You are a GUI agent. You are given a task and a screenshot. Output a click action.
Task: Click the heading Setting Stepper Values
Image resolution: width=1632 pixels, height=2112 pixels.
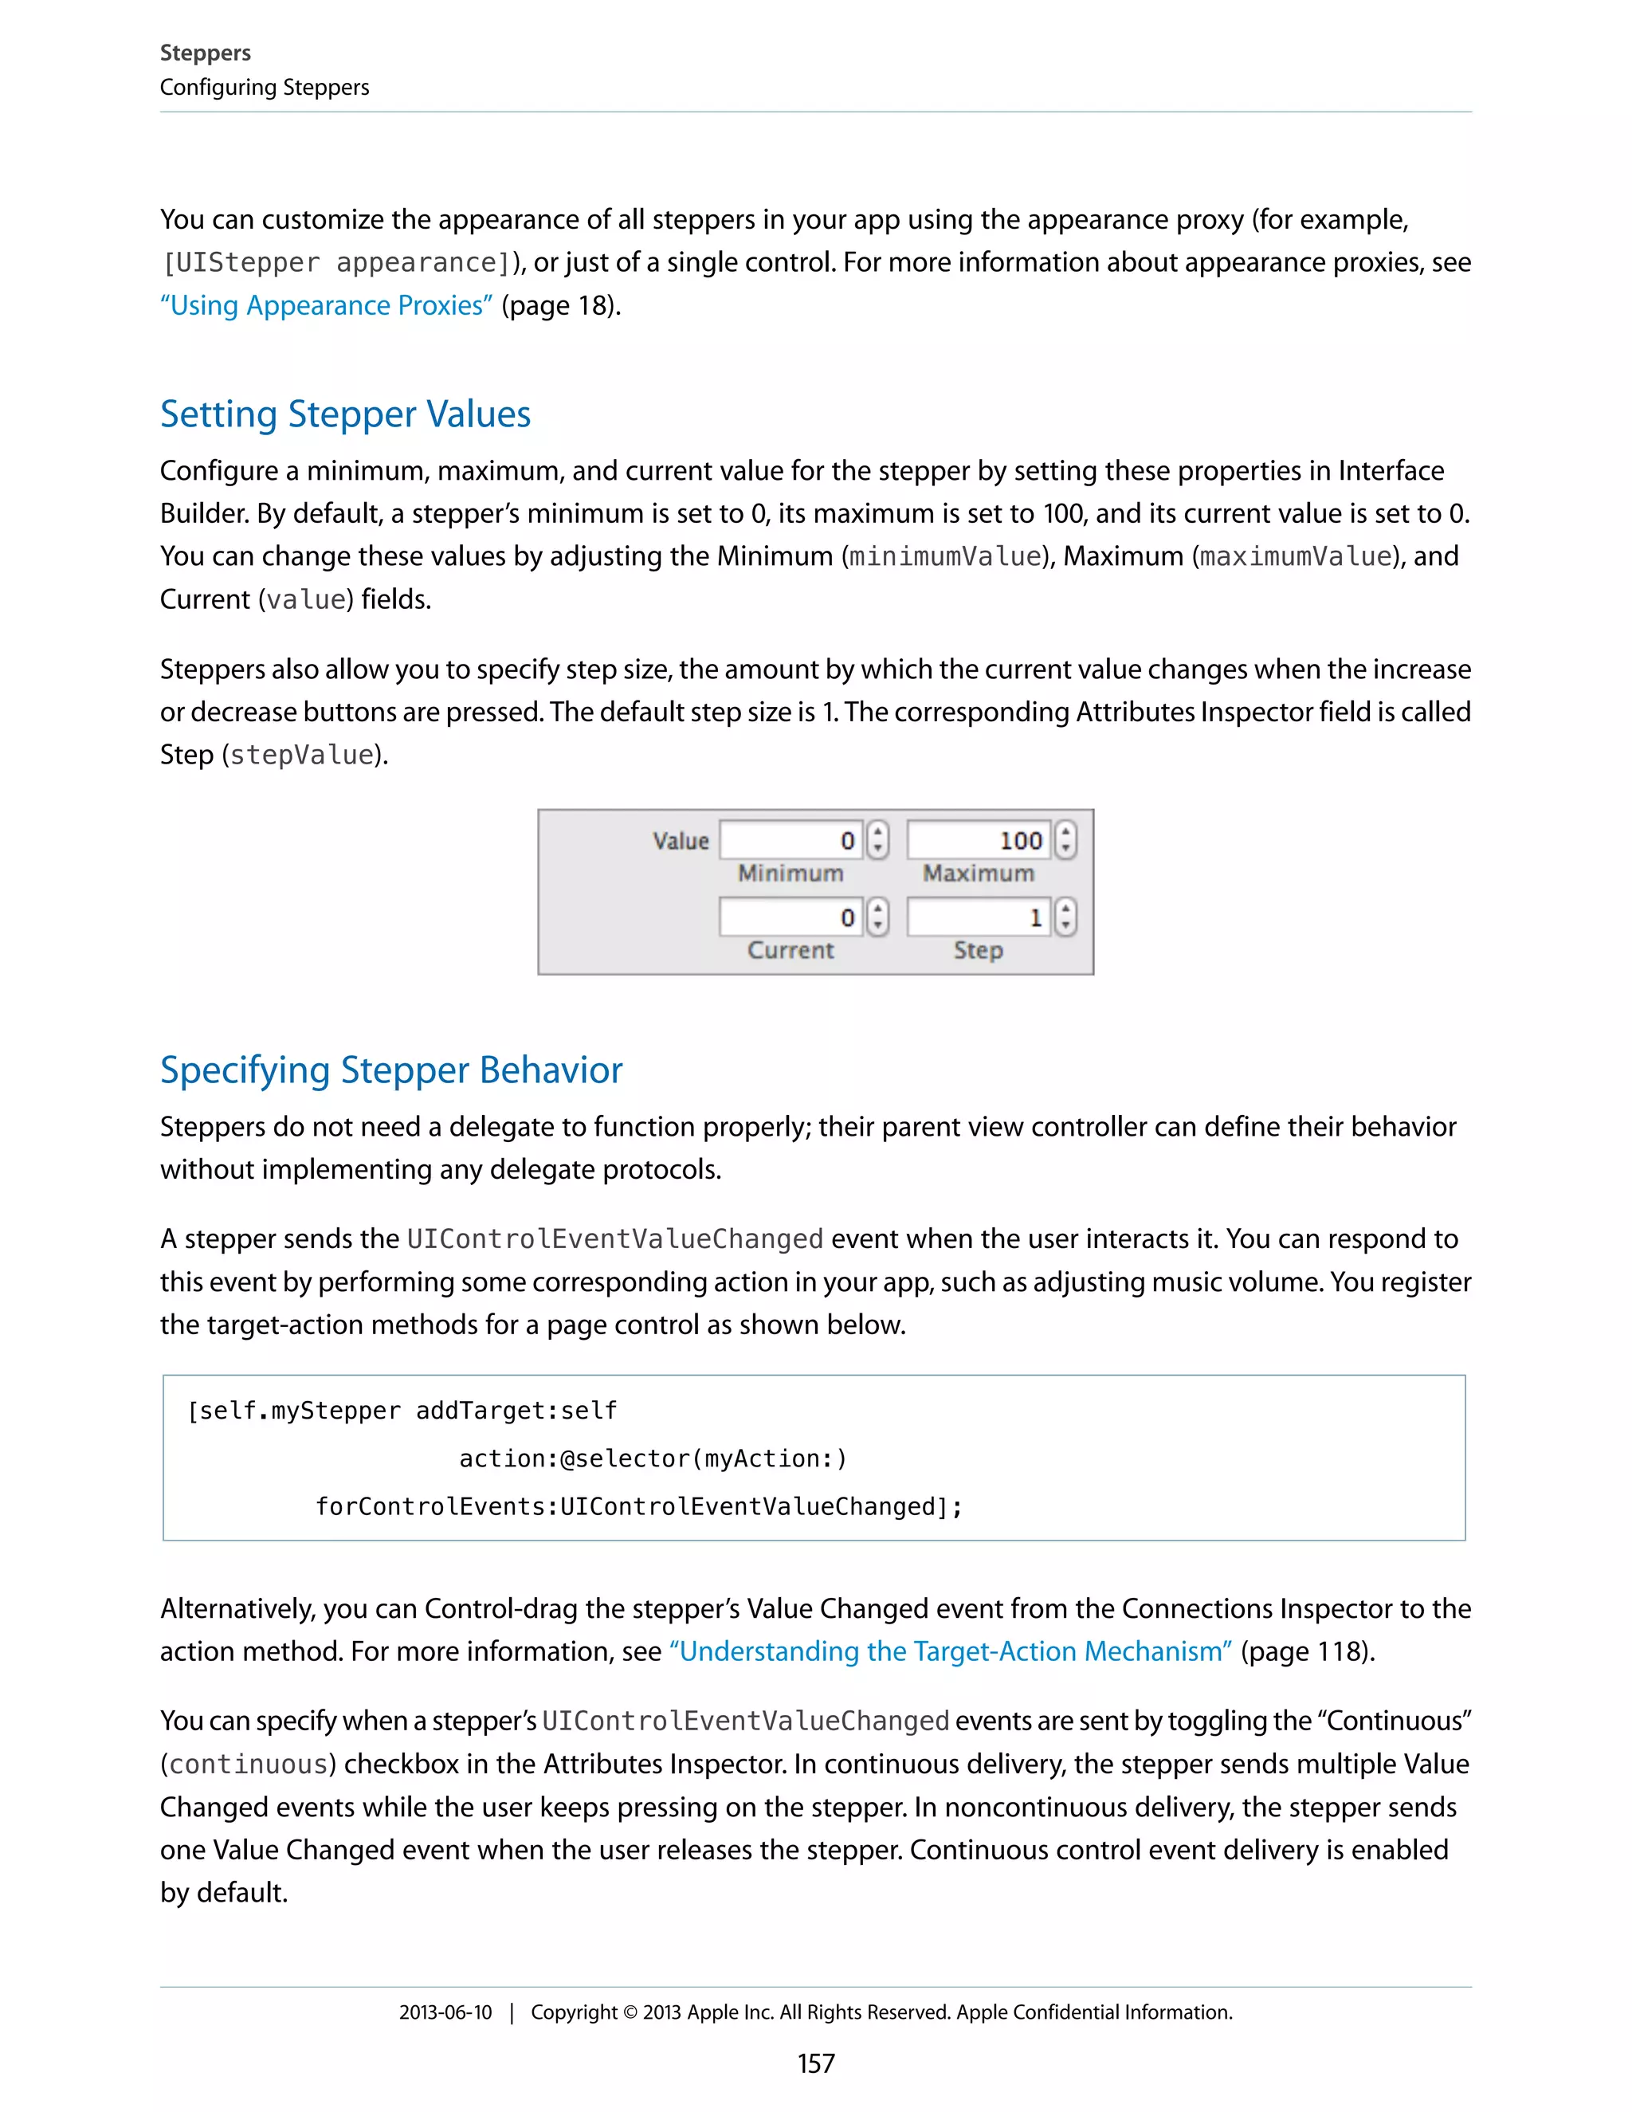[x=345, y=414]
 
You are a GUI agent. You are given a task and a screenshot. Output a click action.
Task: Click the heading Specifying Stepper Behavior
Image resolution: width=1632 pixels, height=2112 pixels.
[x=390, y=1070]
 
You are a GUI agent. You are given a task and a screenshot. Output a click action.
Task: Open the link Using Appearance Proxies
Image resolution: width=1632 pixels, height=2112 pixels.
[x=327, y=305]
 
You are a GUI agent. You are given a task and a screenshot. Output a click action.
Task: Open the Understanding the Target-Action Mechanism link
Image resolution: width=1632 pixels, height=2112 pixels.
[x=951, y=1651]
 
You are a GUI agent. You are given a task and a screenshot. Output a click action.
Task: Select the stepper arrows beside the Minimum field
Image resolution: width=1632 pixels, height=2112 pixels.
[x=877, y=839]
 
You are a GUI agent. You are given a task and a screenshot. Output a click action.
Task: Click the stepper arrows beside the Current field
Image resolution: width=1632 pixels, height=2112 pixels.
[x=877, y=917]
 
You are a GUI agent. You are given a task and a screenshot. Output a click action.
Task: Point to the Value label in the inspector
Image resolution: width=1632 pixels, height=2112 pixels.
[x=681, y=840]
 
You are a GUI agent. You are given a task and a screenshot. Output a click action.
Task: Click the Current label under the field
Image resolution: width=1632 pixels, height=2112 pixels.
[x=790, y=951]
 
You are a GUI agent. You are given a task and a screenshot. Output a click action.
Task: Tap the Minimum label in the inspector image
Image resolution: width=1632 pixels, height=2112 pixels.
[x=790, y=873]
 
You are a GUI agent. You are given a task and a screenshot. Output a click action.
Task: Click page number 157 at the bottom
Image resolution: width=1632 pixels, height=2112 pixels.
[x=815, y=2063]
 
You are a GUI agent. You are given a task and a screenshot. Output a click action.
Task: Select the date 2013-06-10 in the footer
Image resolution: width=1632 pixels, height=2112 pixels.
[x=445, y=2012]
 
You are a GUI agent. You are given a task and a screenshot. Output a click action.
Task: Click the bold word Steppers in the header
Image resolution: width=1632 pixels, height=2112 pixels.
[x=205, y=53]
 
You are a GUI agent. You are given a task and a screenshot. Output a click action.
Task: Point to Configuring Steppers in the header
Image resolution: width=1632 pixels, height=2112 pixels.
[x=264, y=87]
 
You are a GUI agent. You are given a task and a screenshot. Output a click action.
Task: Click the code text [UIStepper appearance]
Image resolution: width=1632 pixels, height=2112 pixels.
[x=336, y=263]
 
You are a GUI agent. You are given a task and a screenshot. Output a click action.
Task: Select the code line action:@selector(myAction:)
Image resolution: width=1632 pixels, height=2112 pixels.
[x=653, y=1458]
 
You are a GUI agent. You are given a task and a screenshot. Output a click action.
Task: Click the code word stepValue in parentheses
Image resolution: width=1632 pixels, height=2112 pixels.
[x=302, y=756]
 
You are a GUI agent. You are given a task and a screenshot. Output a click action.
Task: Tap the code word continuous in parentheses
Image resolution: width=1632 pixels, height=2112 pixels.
[x=249, y=1764]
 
